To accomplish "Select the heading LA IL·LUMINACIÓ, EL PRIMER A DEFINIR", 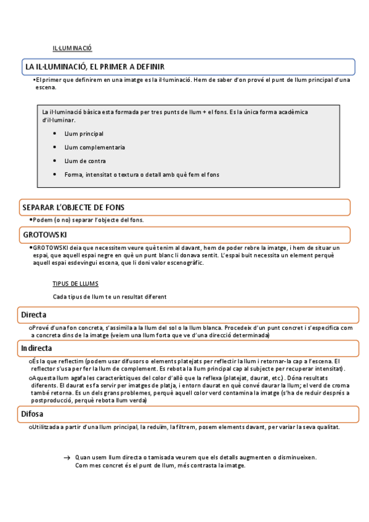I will pos(94,66).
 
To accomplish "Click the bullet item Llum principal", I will pos(84,134).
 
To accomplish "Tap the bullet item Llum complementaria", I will pos(94,147).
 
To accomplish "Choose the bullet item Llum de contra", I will pos(85,161).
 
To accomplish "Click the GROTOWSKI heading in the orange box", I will pos(45,235).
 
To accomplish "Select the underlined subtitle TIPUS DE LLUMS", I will pos(75,284).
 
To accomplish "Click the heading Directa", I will pos(34,315).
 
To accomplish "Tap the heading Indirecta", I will pos(37,348).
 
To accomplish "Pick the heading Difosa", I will pos(32,415).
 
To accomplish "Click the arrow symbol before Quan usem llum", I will pos(67,458).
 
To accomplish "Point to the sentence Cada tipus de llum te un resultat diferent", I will pos(110,296).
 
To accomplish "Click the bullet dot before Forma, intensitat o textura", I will pos(55,174).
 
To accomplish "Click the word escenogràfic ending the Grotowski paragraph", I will pos(182,263).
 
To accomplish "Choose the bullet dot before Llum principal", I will pos(55,134).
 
